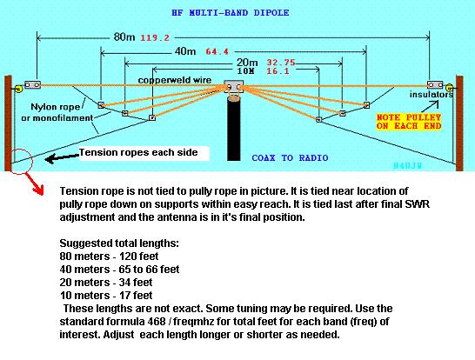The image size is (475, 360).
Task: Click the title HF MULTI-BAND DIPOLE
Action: coord(231,13)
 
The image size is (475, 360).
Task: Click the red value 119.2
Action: coord(155,38)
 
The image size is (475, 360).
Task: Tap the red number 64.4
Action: coord(217,52)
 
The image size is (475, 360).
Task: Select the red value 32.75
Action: coord(281,63)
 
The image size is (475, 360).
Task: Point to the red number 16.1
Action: coord(278,71)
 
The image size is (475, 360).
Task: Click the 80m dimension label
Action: coord(124,37)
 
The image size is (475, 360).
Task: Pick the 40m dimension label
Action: coord(185,51)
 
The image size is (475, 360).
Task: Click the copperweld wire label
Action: coord(175,80)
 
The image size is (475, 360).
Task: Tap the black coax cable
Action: coord(233,129)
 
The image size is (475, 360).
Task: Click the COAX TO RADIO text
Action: coord(290,157)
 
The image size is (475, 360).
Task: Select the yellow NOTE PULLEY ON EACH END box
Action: coord(409,122)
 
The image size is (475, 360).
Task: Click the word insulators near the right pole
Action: coord(432,95)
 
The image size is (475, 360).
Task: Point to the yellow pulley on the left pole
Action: coord(18,89)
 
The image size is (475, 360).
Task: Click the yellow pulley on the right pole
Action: coord(450,89)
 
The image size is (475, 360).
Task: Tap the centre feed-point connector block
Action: coord(233,86)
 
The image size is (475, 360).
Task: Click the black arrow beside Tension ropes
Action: coord(62,158)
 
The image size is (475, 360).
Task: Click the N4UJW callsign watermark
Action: coord(407,165)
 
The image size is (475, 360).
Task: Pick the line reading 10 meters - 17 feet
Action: coord(106,295)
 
